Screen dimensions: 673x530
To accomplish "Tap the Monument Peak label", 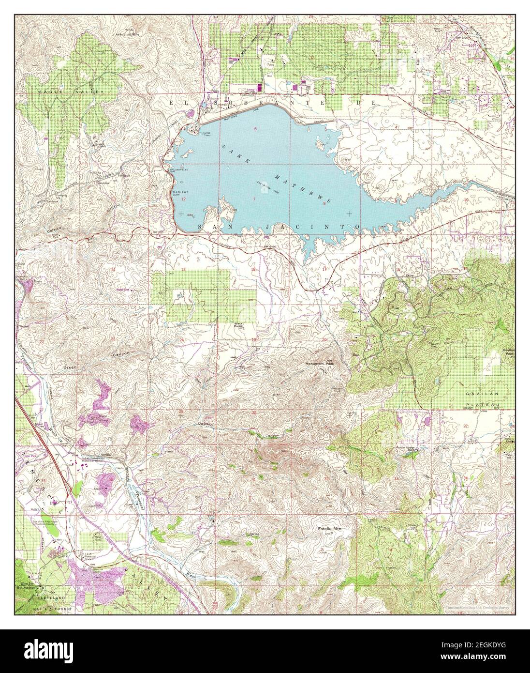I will [x=317, y=364].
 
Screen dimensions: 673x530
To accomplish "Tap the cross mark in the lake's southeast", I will [x=349, y=214].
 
